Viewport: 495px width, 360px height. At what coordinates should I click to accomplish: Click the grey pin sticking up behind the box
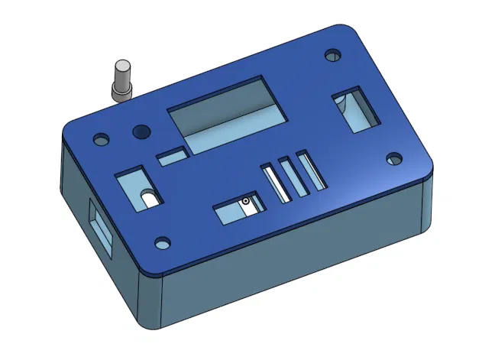click(121, 80)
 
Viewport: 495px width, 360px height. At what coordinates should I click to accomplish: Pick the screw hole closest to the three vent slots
click(393, 158)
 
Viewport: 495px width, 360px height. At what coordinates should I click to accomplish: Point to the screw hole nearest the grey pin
click(100, 140)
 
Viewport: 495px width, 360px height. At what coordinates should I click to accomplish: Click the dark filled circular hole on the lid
click(140, 132)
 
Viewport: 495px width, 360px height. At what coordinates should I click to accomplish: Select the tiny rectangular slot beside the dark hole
click(172, 156)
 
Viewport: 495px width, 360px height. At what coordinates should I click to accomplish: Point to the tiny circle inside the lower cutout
click(246, 202)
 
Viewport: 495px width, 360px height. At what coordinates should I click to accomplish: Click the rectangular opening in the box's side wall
click(100, 230)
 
